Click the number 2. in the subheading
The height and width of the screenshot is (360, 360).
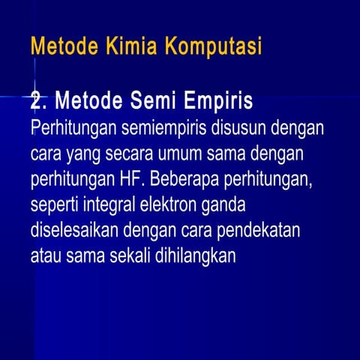click(39, 100)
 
